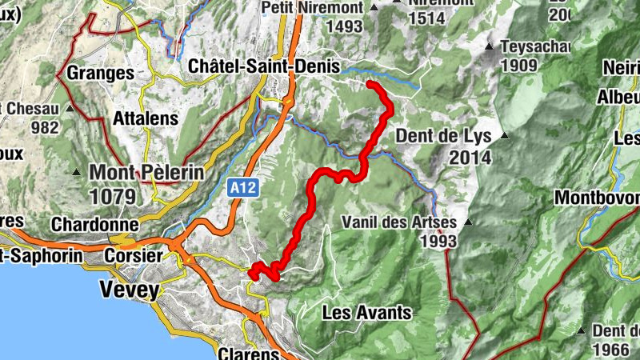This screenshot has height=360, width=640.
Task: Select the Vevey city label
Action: click(129, 290)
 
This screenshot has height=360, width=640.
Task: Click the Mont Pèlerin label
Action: click(146, 172)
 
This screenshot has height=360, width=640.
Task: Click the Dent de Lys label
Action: click(443, 136)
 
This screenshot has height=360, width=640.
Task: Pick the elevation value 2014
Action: click(470, 158)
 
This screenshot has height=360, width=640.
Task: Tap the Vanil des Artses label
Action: click(398, 222)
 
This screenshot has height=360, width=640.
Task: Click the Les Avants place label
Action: click(366, 312)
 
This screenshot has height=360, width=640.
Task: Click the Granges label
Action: click(100, 73)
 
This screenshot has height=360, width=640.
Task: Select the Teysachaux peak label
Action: click(531, 45)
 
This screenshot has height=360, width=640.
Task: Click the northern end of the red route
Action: click(370, 83)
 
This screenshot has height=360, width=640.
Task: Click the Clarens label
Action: click(249, 353)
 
